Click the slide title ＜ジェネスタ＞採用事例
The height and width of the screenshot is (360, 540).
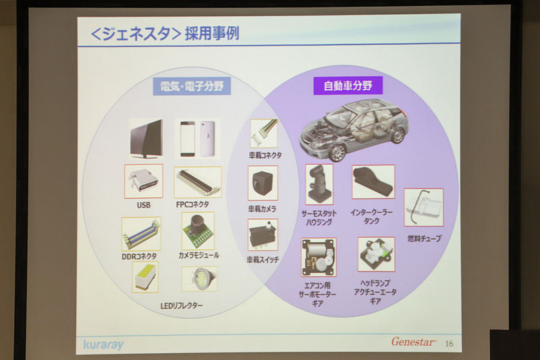pos(165,34)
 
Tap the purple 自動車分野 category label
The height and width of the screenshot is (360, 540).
pos(347,86)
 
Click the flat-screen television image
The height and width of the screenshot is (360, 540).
pos(145,138)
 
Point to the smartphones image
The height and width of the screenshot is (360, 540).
pos(198,138)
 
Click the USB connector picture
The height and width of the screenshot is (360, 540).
pos(143,182)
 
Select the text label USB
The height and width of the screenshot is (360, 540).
pos(143,205)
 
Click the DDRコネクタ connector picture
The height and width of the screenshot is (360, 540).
pos(141,234)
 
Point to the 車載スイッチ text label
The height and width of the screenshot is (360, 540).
pos(263,259)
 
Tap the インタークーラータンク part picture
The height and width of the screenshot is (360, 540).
pos(373,182)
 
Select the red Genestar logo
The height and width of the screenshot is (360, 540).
pos(414,342)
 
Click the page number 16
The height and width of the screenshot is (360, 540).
pos(450,343)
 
